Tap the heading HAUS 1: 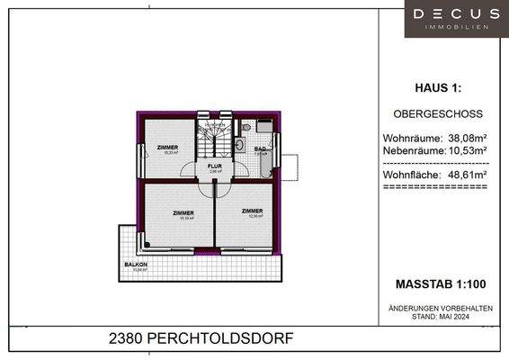click(439, 88)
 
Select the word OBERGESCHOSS click(439, 114)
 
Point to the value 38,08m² click(466, 138)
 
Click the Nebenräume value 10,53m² click(466, 150)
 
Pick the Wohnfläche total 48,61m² click(466, 174)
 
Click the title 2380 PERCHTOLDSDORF click(200, 338)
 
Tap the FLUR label click(215, 166)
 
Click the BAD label click(259, 149)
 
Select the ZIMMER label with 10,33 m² click(166, 148)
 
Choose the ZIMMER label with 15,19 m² click(183, 213)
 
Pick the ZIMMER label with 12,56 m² click(253, 211)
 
